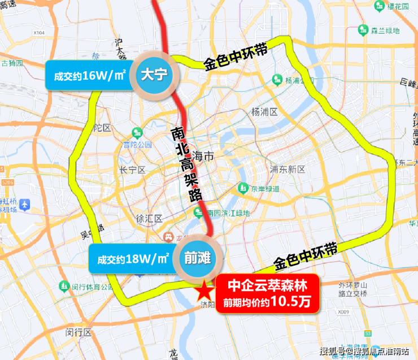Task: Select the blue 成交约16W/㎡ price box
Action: [x=88, y=75]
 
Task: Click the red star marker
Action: [x=203, y=292]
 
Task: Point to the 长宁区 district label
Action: [x=133, y=170]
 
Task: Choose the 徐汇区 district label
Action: [x=149, y=218]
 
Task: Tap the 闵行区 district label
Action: [x=79, y=332]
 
